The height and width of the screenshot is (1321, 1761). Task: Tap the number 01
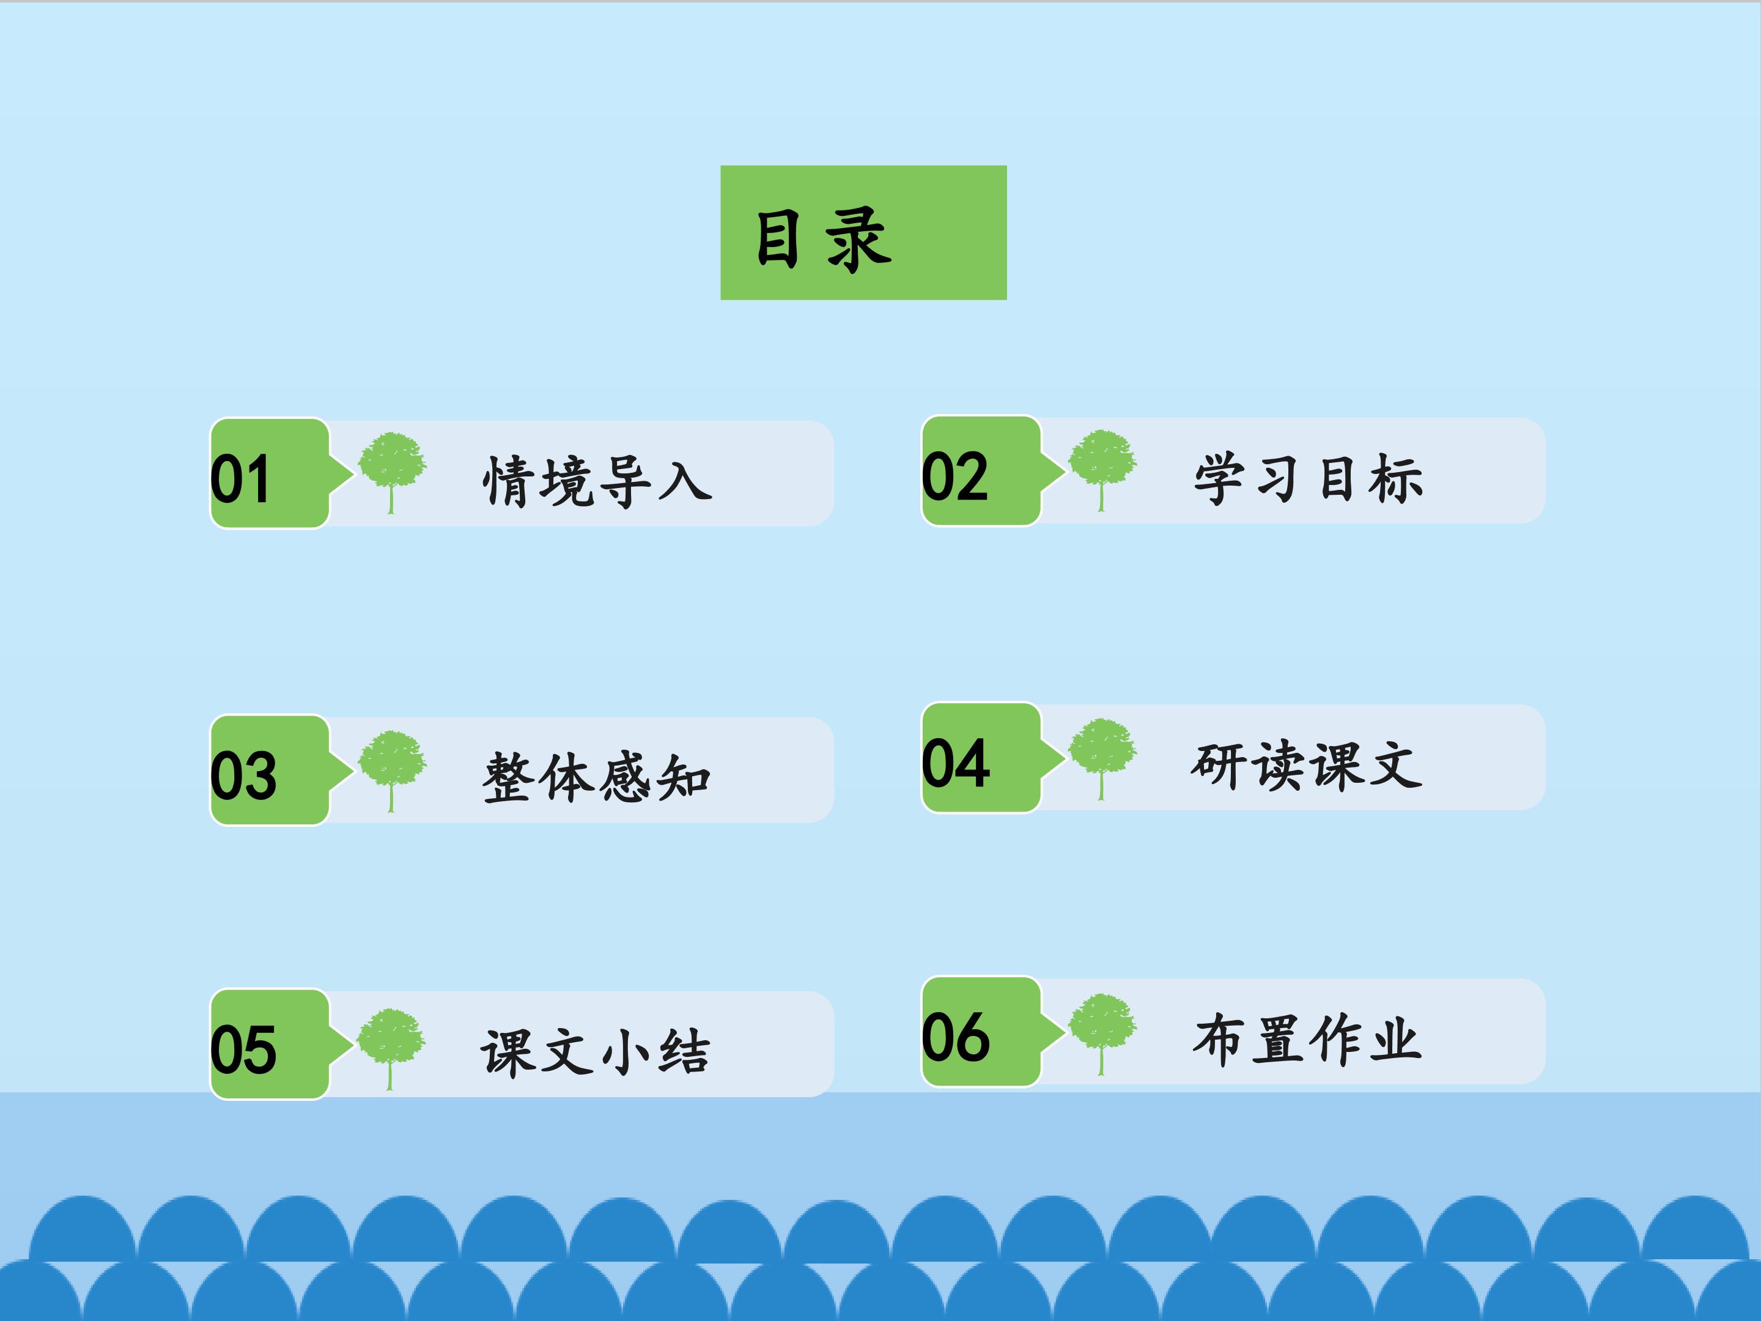(x=240, y=479)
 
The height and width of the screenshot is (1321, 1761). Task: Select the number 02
(x=954, y=476)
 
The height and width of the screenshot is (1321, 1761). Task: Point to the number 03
(x=243, y=775)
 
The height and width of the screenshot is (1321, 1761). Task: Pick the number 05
(x=243, y=1049)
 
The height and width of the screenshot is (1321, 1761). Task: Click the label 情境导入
(x=597, y=482)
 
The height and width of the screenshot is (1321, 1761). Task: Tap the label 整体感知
(x=596, y=777)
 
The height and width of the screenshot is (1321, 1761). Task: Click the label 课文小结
(x=595, y=1052)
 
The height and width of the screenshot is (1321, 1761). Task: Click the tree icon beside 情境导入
(x=392, y=473)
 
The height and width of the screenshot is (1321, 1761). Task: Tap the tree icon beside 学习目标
(x=1102, y=470)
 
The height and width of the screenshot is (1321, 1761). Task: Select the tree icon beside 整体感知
(x=392, y=771)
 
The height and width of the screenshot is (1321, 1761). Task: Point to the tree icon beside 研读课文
(x=1102, y=759)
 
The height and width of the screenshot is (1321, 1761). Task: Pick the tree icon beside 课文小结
(x=391, y=1049)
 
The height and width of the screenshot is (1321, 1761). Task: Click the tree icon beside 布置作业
(x=1102, y=1034)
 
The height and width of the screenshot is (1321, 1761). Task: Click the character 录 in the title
(x=858, y=239)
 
